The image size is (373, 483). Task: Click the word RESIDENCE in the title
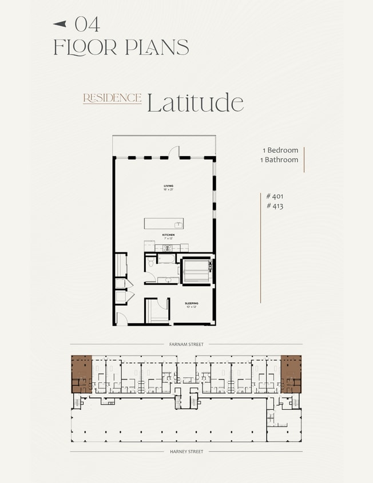click(112, 98)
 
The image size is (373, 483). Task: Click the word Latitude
click(195, 103)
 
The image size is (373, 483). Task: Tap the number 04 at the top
click(87, 24)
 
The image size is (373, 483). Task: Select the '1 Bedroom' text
click(280, 151)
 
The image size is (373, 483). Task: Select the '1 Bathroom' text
click(279, 160)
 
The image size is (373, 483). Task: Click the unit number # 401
click(275, 196)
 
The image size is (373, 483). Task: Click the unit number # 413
click(275, 206)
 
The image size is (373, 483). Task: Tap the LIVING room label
click(168, 187)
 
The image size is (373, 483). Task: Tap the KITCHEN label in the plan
click(168, 235)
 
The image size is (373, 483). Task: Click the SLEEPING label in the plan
click(191, 303)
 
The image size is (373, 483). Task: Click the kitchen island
click(164, 224)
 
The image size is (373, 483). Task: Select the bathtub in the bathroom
click(197, 271)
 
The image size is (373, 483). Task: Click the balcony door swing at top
click(173, 152)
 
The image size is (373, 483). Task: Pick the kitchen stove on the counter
click(168, 248)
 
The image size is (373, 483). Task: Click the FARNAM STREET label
click(186, 345)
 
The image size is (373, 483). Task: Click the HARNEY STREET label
click(186, 452)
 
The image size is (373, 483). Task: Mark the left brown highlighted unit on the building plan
click(81, 373)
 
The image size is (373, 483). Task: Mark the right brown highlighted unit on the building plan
click(291, 373)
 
